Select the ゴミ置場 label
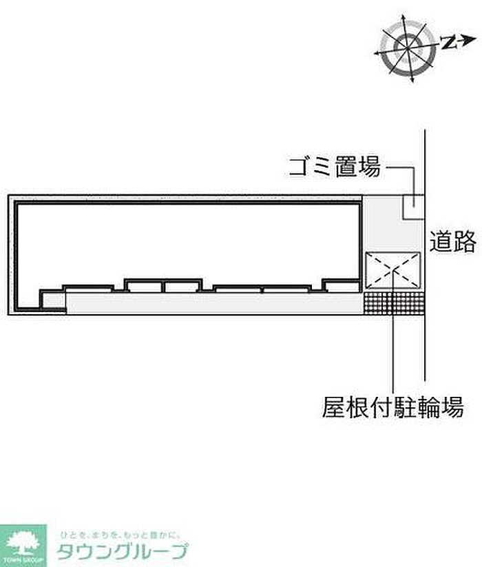[335, 166]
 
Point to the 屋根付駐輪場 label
[392, 408]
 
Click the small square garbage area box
[413, 207]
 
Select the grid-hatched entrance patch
[393, 303]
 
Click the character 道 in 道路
[442, 241]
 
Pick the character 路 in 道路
[465, 241]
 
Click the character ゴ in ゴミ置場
[300, 166]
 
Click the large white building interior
[186, 241]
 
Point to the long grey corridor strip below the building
[213, 302]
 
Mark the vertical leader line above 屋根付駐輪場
[393, 351]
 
